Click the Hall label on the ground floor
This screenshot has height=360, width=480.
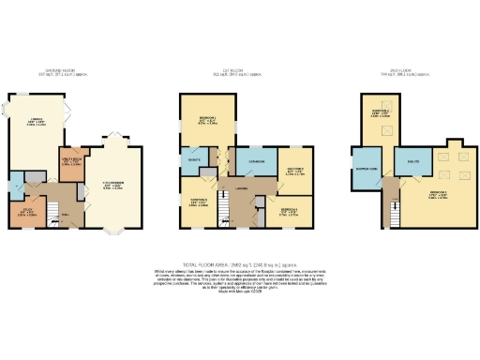tap(66, 215)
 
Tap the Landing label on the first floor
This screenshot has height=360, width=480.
tap(241, 189)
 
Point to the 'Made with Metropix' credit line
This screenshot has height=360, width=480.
tap(240, 295)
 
